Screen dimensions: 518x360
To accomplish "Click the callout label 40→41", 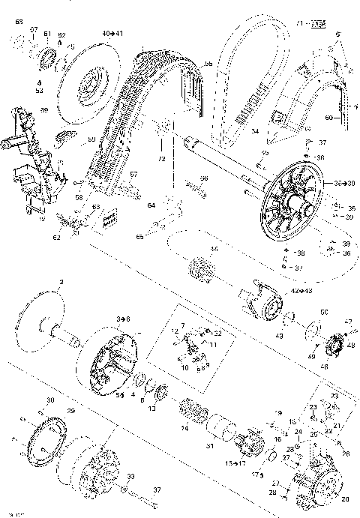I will tap(112, 34).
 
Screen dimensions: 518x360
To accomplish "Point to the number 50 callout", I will tap(324, 311).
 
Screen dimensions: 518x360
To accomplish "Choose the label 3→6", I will tap(122, 319).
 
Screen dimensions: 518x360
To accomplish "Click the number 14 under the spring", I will tap(184, 428).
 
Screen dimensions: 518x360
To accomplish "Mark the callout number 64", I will tap(150, 204).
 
